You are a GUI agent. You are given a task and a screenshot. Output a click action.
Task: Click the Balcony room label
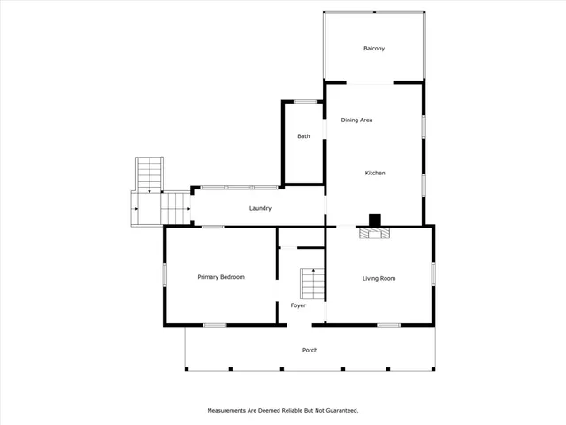374,49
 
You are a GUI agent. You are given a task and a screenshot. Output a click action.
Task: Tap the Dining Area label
356,119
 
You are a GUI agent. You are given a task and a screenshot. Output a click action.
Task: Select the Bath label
303,136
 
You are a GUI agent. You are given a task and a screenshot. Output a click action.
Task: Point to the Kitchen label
375,173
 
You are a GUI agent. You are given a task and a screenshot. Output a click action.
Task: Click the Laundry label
259,208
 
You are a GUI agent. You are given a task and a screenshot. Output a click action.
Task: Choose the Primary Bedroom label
220,277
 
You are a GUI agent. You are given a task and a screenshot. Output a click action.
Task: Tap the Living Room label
379,278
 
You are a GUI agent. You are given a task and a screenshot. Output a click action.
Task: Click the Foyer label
298,305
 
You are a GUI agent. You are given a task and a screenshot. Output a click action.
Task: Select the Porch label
310,350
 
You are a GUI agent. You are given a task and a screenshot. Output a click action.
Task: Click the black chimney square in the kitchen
375,220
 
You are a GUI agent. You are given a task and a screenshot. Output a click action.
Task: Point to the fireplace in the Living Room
373,233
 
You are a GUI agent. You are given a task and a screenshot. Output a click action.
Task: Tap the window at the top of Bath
306,102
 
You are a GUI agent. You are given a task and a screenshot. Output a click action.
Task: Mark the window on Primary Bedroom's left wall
164,274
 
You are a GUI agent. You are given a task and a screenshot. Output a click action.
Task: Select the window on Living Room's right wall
433,273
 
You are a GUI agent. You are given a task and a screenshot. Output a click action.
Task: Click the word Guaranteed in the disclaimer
340,411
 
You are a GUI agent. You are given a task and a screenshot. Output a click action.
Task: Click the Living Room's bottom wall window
388,325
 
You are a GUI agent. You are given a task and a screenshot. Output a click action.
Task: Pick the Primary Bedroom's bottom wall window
215,325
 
